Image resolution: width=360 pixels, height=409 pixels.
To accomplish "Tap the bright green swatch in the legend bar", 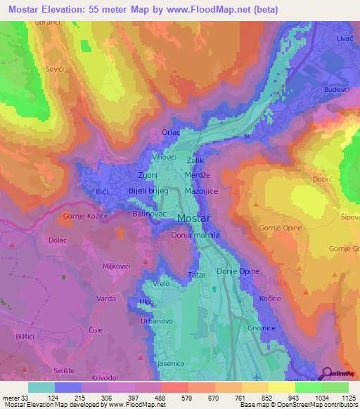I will (x=308, y=387).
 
